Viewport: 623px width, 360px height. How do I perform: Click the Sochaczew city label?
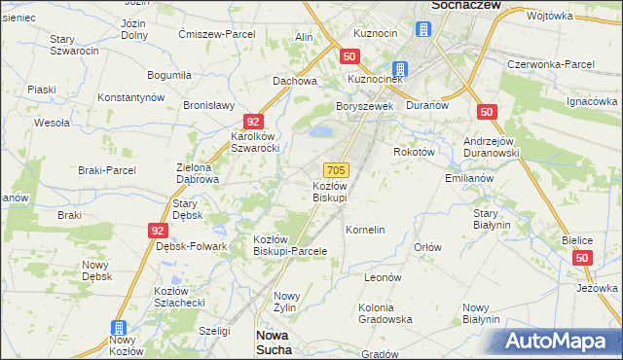[464, 5]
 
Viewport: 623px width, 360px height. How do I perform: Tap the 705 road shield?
[336, 169]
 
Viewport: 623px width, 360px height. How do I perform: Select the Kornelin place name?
[366, 231]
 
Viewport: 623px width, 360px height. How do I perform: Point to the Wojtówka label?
[549, 16]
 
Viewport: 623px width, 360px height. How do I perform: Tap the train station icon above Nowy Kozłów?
[119, 328]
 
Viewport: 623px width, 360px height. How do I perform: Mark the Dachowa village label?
[295, 82]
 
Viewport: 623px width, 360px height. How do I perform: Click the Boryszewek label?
[361, 106]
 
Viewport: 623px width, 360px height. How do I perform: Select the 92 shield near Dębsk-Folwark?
[158, 230]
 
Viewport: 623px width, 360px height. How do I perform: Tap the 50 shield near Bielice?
[582, 258]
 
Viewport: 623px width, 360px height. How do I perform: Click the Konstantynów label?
[134, 98]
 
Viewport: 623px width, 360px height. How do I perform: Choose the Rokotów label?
[416, 152]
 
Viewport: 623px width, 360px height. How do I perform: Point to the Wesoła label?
[52, 124]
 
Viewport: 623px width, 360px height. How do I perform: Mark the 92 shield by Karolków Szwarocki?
[253, 122]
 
